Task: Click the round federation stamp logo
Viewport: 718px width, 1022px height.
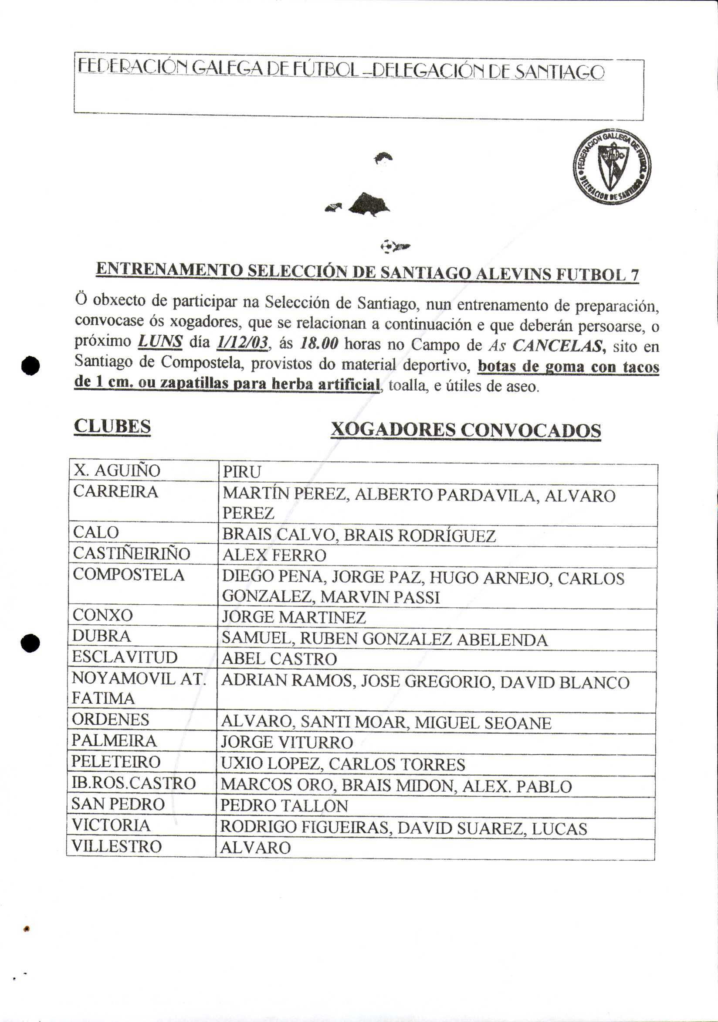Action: (612, 167)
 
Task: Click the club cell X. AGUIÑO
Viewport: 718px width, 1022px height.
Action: (117, 470)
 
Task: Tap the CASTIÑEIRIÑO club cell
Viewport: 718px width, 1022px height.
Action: (131, 553)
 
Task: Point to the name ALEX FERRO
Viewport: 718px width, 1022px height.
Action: (274, 555)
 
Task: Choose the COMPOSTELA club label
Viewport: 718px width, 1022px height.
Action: (129, 575)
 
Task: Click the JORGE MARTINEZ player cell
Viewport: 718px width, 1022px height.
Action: (294, 617)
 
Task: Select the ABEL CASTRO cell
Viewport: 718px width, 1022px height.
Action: (279, 659)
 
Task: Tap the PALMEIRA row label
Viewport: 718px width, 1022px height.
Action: (114, 741)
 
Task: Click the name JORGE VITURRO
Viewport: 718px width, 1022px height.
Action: (287, 743)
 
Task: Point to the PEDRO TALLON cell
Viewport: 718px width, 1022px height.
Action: (284, 806)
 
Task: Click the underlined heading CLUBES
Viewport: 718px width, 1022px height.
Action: (112, 426)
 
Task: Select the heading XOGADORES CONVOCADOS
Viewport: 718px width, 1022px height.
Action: (466, 430)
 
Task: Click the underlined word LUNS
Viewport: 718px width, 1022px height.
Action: (160, 341)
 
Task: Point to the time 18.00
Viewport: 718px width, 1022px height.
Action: (319, 344)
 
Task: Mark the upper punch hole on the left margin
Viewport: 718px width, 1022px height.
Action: (30, 365)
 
